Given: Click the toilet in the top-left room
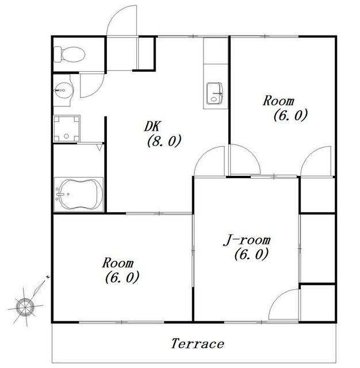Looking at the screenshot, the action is point(70,55).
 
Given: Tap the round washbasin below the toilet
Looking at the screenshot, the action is point(63,90).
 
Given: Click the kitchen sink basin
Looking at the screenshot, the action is point(214,93).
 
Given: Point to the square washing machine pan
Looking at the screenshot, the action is point(67,128).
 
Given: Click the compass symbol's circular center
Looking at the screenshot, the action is point(25,307).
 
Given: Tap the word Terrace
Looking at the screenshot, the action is point(197,344).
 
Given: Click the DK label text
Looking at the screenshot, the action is point(152,126).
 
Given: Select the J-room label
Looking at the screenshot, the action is point(247,240).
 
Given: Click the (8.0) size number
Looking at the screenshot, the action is point(164,141).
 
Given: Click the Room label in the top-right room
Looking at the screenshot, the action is point(278,101).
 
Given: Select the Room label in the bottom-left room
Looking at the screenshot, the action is point(118,263).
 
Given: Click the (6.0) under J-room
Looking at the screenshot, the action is point(251,254).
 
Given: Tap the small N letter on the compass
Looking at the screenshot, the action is point(48,277).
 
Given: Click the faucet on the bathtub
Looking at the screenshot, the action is point(60,194).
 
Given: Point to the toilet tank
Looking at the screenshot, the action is point(58,55).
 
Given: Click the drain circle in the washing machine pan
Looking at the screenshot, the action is point(66,136).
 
